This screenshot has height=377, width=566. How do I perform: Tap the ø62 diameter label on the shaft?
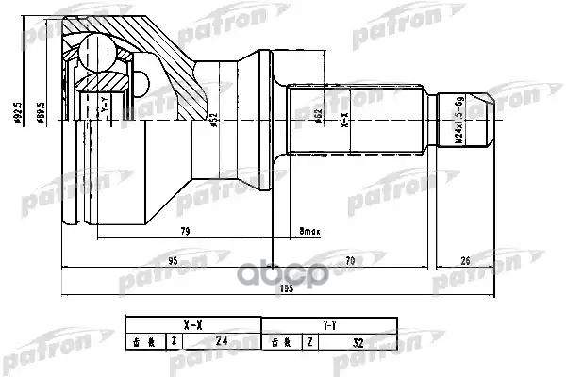click(x=320, y=120)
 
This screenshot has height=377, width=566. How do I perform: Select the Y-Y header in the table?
click(x=325, y=325)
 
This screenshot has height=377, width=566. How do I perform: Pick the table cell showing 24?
click(x=221, y=341)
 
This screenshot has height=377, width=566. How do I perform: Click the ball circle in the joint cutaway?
click(x=95, y=49)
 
